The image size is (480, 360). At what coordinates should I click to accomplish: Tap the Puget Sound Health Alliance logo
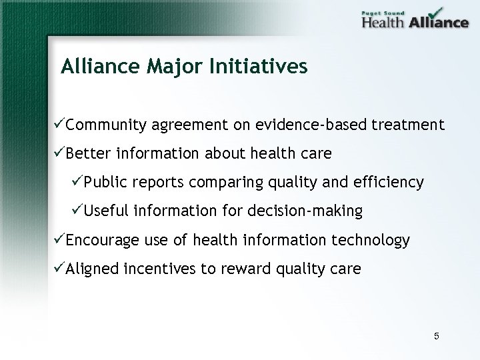(415, 19)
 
